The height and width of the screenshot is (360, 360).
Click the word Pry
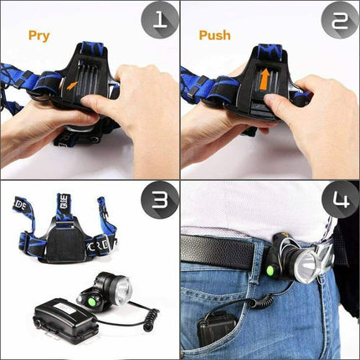pos(39,36)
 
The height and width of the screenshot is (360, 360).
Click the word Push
pos(215,36)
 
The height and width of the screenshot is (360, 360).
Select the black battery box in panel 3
pos(63,322)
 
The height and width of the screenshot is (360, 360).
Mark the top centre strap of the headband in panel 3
pos(64,206)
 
